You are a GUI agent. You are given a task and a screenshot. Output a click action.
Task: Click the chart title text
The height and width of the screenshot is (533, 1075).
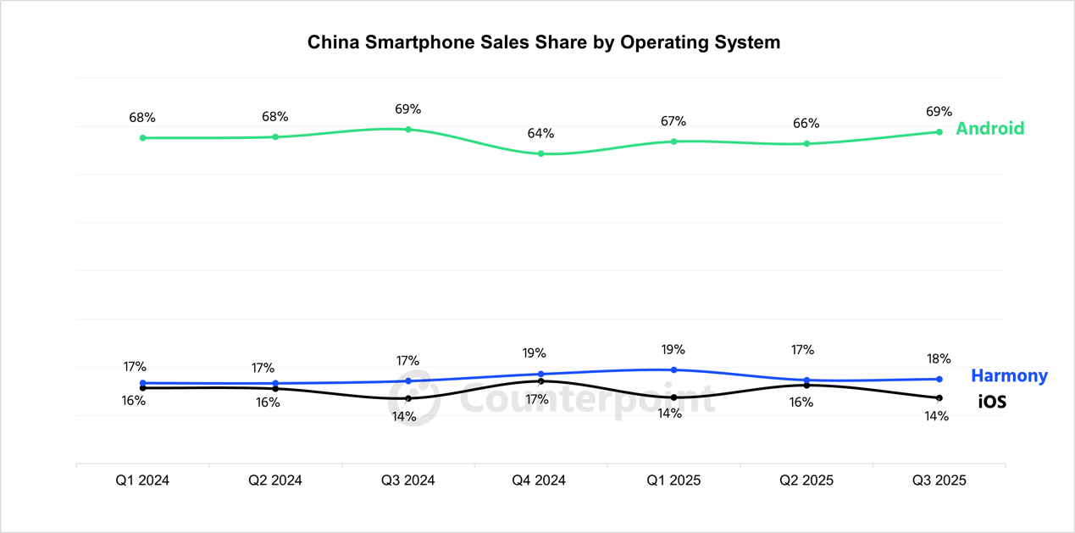[x=543, y=42]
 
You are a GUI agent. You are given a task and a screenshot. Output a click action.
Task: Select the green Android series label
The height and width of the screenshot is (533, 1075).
[x=989, y=128]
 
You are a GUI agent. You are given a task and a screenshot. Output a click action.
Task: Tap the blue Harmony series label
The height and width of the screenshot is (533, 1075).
[x=1008, y=375]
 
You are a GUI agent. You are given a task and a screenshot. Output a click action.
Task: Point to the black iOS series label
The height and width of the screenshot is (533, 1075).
[x=992, y=402]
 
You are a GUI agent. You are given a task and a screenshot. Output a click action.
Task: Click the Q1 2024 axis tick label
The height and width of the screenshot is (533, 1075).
[x=142, y=480]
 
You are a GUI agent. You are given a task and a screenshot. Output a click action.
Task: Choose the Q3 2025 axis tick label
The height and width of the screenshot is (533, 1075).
[x=939, y=480]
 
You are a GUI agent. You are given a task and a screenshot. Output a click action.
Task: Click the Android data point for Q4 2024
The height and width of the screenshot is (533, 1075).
[x=540, y=153]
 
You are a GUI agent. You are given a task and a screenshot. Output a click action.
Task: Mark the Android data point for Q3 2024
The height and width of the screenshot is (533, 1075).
[x=408, y=130]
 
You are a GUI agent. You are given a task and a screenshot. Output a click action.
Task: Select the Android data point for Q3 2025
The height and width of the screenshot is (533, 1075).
[x=939, y=132]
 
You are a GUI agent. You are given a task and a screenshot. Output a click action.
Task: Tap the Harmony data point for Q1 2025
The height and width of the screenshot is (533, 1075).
[x=673, y=369]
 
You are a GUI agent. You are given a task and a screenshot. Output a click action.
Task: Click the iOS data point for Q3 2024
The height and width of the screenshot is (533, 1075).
[x=408, y=398]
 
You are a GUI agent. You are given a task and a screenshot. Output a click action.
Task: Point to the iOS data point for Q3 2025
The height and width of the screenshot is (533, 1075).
[x=939, y=398]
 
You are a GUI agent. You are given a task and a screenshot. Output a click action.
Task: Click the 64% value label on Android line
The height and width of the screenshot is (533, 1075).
[x=540, y=134]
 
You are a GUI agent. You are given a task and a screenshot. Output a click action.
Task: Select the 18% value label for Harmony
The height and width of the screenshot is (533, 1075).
[x=939, y=359]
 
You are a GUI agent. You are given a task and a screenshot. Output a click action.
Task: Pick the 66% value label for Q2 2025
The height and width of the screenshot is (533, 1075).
[x=806, y=124]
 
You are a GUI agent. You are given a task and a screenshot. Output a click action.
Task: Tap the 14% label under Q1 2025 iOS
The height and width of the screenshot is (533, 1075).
[x=669, y=414]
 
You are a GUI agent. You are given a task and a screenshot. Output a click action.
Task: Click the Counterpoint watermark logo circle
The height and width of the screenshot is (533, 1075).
[x=414, y=397]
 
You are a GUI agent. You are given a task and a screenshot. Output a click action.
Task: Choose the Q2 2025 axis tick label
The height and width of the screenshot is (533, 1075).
[x=806, y=480]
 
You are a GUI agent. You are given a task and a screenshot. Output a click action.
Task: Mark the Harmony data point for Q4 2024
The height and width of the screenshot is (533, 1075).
[x=540, y=374]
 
